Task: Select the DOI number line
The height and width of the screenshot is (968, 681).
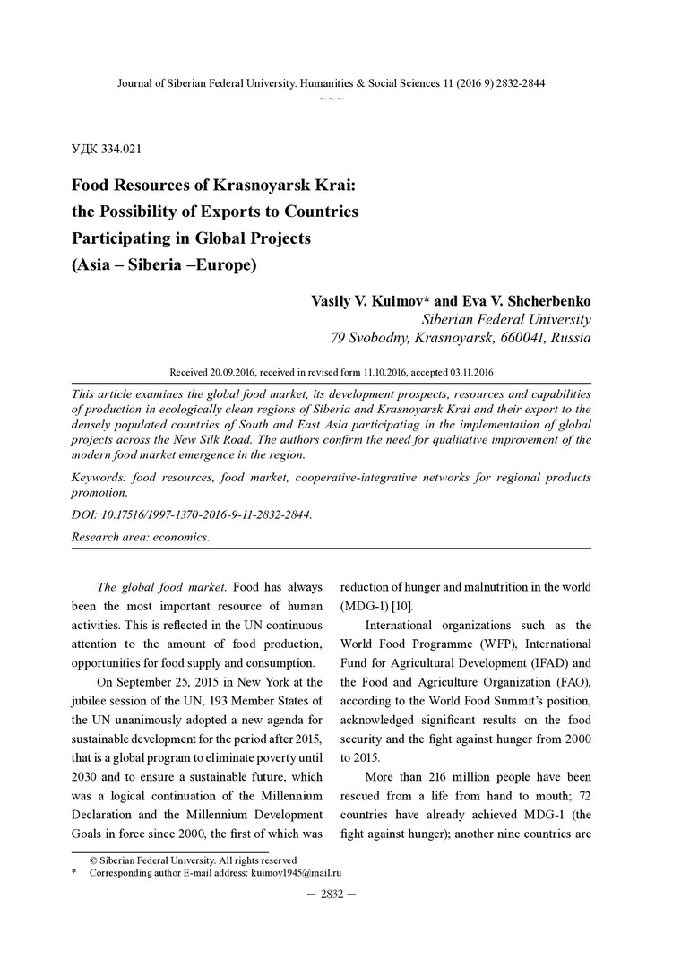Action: (x=192, y=517)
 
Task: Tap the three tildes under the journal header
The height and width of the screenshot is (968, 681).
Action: (x=332, y=98)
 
